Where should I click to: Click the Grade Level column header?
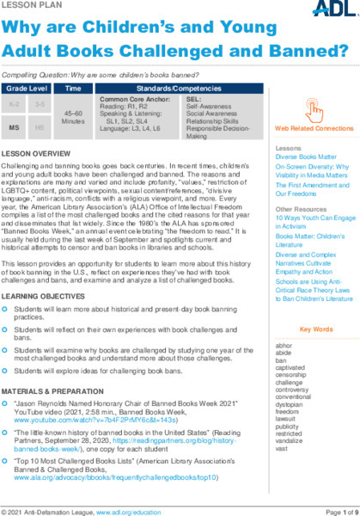coord(28,89)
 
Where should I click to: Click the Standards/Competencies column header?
coord(176,89)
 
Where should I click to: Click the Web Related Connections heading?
coord(314,128)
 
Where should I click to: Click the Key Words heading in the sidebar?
coord(314,329)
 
